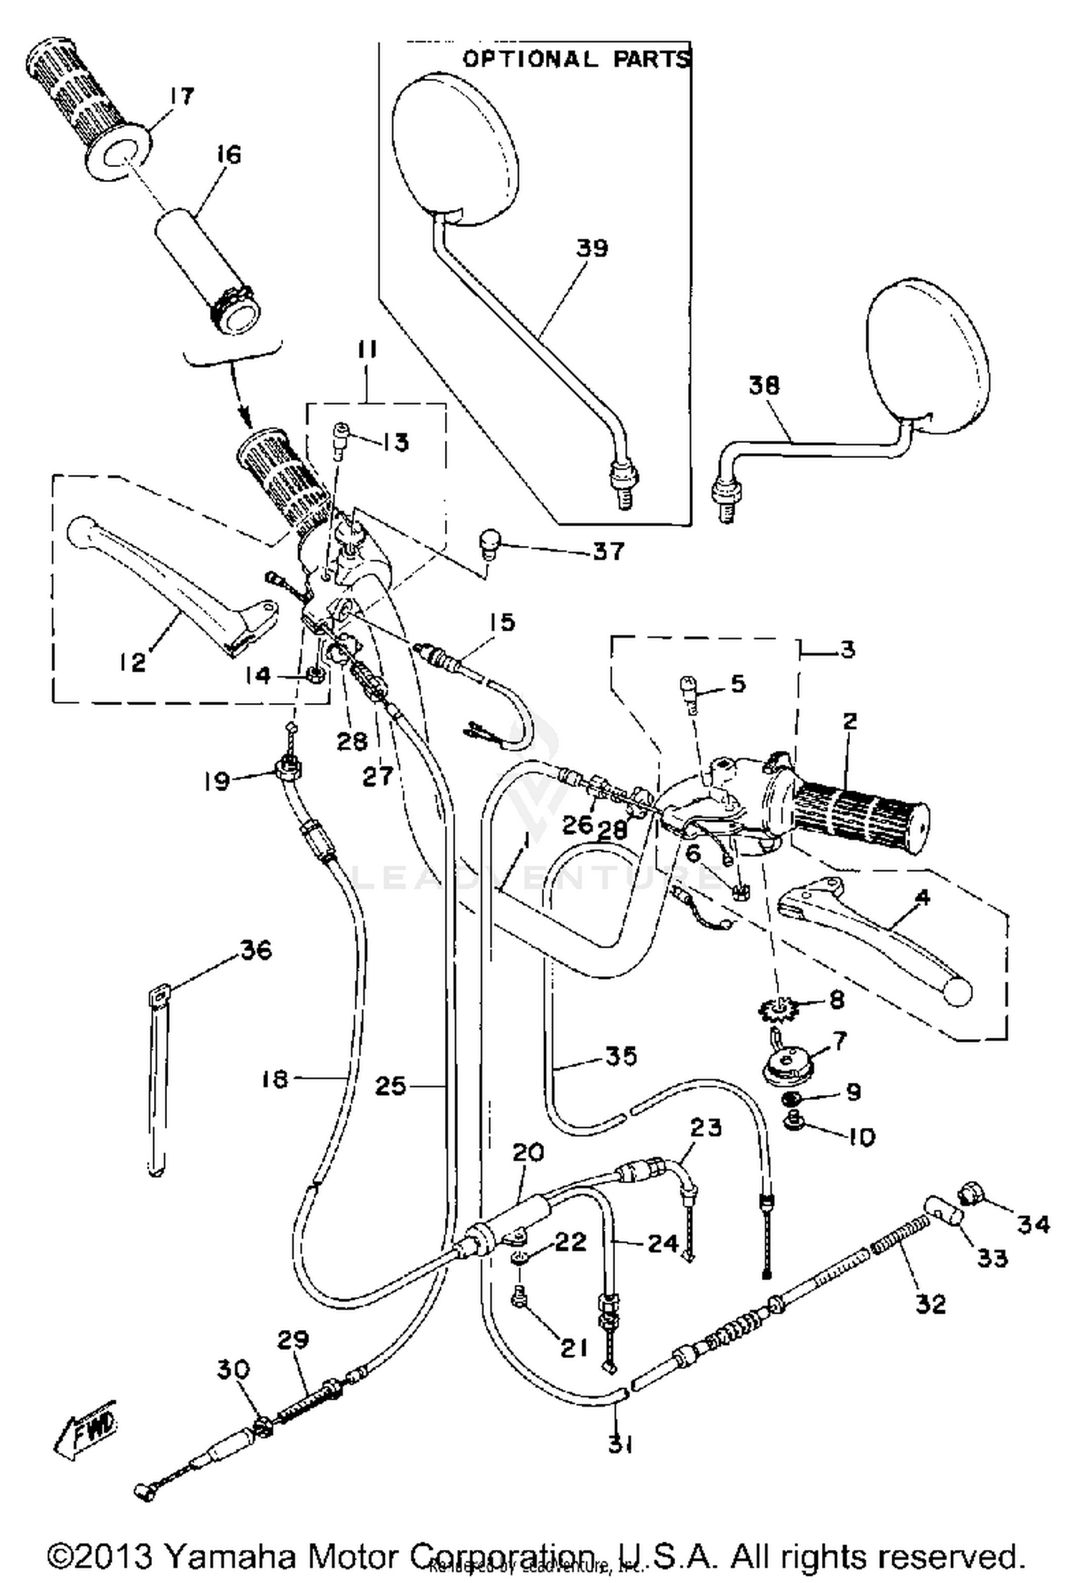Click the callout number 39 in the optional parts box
point(592,248)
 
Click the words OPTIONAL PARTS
point(575,59)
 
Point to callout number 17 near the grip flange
point(181,96)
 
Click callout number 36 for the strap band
point(256,950)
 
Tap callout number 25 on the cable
point(391,1086)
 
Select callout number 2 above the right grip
point(849,721)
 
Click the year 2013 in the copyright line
point(115,1555)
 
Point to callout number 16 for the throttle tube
point(228,154)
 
